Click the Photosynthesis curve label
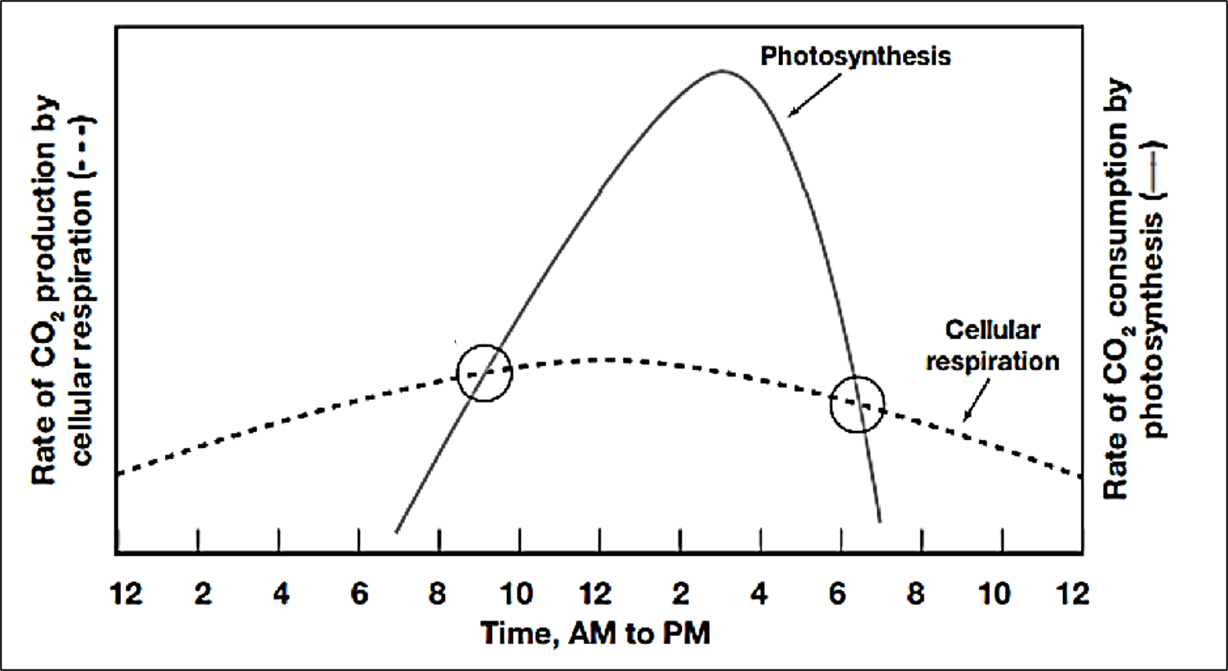855,56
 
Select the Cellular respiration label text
992,345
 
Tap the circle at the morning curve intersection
484,372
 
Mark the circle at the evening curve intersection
857,403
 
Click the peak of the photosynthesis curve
721,71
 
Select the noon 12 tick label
597,593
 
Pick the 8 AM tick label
438,593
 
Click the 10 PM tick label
994,593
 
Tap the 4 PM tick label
759,593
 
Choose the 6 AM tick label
359,593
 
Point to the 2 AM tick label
202,593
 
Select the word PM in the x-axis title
687,633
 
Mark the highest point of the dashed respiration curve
605,359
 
